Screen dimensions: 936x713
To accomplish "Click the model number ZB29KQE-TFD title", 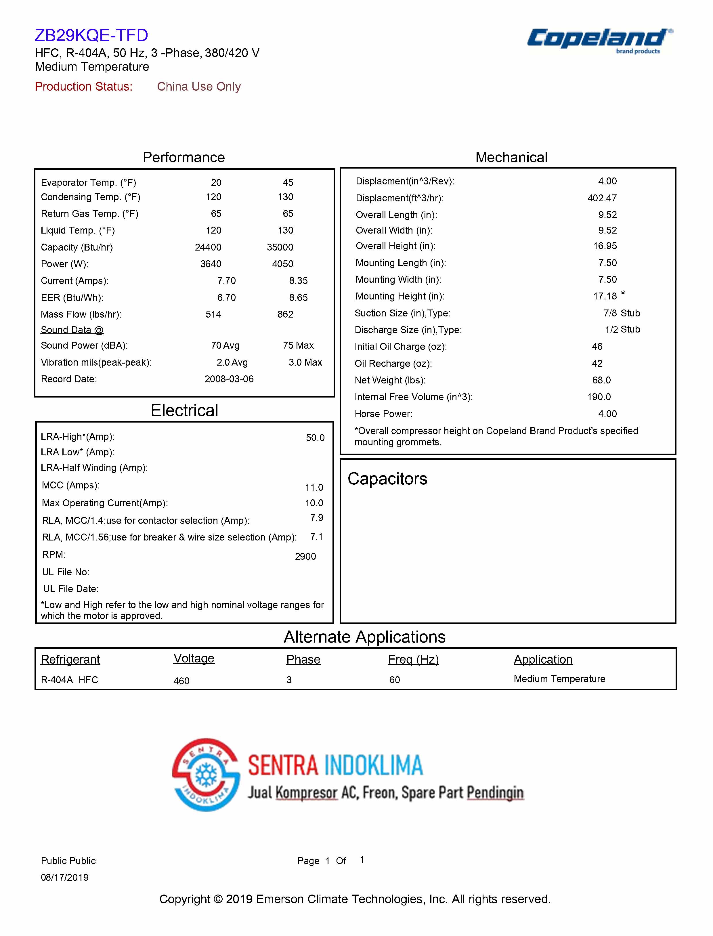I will (91, 35).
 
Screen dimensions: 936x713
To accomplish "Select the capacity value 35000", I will (280, 247).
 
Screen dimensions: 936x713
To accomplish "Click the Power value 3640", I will (211, 264).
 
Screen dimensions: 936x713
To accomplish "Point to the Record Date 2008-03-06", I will (229, 379).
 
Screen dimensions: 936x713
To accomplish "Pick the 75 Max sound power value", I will (298, 345).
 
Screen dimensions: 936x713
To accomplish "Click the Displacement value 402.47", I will (602, 198).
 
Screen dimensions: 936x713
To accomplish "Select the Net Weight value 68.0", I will (601, 380).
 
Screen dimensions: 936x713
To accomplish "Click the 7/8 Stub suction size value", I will (622, 313).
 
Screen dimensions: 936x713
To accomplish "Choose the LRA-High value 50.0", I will (315, 438).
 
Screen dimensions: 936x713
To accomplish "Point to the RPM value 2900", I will (305, 557).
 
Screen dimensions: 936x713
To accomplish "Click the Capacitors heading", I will (387, 479).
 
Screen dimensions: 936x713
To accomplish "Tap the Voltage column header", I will (194, 658).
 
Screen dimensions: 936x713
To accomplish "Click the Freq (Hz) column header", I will (413, 659).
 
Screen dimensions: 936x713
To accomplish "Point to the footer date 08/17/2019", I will (64, 877).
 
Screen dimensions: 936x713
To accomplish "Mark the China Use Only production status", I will (199, 87).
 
